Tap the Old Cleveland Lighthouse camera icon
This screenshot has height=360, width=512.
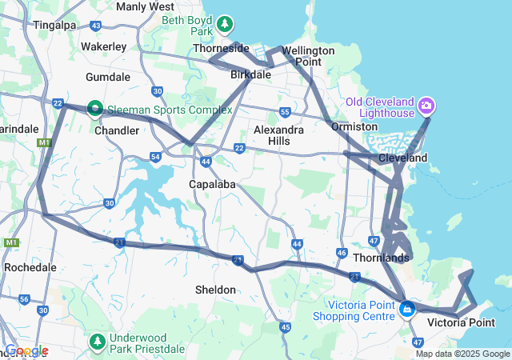[x=426, y=105]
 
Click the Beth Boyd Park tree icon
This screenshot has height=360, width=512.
[x=226, y=25]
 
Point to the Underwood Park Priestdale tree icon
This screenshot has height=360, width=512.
[x=98, y=342]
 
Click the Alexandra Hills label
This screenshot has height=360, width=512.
[x=278, y=135]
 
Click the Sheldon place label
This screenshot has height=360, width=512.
[x=215, y=289]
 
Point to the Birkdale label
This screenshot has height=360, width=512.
[x=251, y=74]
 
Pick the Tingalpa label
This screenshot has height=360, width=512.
[x=54, y=25]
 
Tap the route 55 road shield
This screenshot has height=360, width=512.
[x=284, y=112]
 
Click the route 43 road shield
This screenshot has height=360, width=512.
[x=95, y=26]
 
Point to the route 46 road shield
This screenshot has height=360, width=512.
[x=342, y=254]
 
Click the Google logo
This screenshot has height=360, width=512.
[x=26, y=350]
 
